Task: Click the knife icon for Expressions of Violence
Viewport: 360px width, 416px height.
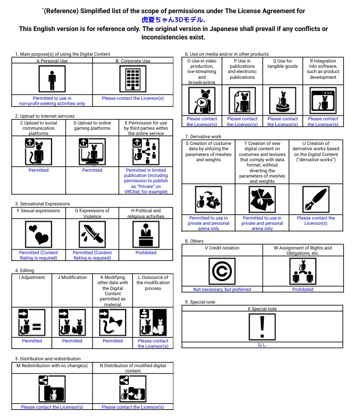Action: click(92, 234)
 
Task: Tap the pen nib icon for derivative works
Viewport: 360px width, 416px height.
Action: click(316, 200)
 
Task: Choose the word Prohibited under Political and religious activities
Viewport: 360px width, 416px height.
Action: click(146, 253)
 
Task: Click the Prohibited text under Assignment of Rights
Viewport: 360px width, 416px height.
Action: click(303, 289)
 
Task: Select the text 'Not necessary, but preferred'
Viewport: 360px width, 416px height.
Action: click(222, 289)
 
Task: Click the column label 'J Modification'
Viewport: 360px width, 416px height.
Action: click(72, 277)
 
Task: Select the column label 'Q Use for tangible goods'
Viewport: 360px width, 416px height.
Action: click(282, 64)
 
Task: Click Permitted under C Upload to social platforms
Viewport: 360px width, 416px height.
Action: click(38, 170)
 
